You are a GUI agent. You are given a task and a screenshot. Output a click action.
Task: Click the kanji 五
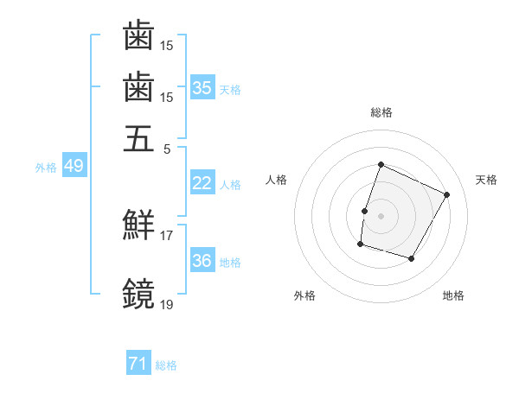point(138,137)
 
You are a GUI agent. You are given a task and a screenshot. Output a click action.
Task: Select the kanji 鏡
point(138,294)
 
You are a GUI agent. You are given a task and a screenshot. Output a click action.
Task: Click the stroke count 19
point(166,303)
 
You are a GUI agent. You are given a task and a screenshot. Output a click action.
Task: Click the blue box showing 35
point(202,87)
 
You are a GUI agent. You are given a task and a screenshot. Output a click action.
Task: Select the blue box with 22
point(202,183)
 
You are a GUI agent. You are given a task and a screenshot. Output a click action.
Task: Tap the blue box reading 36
point(202,261)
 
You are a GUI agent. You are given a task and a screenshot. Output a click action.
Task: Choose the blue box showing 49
point(73,166)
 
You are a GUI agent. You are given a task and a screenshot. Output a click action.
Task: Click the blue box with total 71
point(138,365)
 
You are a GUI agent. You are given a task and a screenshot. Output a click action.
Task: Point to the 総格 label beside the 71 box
point(166,365)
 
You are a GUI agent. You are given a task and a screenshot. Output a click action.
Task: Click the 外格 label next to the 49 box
point(45,167)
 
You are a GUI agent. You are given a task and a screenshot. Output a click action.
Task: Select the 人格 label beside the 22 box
point(230,184)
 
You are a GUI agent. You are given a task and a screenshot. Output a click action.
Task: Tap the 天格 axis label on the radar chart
point(486,180)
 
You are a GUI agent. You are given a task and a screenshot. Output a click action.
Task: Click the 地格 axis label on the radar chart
point(453,295)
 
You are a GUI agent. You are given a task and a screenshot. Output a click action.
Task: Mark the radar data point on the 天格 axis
point(447,195)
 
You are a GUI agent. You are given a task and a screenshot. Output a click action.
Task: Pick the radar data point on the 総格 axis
point(381,164)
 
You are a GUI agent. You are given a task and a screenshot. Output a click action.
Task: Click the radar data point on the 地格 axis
point(412,258)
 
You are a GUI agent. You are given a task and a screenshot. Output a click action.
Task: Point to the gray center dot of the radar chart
point(381,215)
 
